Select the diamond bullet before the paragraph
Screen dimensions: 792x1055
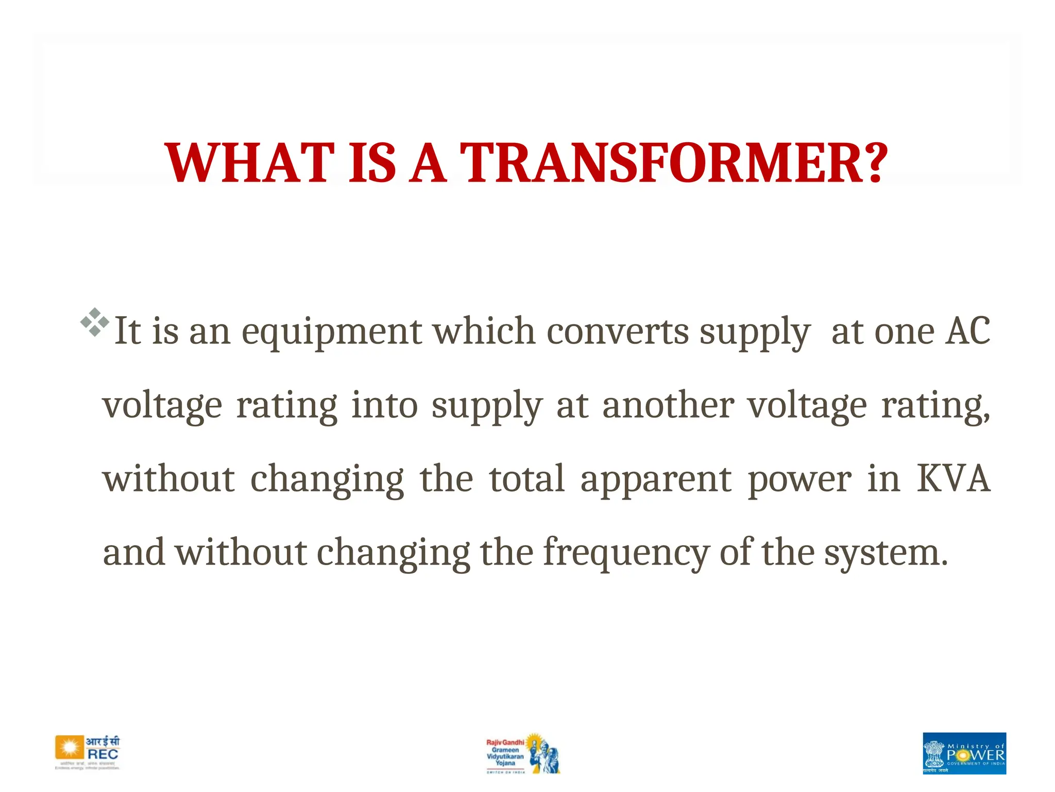95,322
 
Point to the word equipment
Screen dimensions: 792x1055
332,332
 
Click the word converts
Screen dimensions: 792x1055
617,331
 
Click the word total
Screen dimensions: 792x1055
526,479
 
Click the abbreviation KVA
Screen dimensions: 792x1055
953,479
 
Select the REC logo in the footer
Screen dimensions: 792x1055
88,752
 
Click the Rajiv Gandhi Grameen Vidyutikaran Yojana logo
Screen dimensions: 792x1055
522,753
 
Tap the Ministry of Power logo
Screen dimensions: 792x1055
964,753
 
